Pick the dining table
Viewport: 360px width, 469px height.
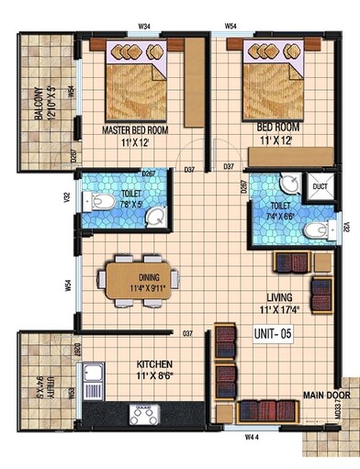(x=134, y=281)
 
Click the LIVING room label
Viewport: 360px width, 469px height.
(x=281, y=297)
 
